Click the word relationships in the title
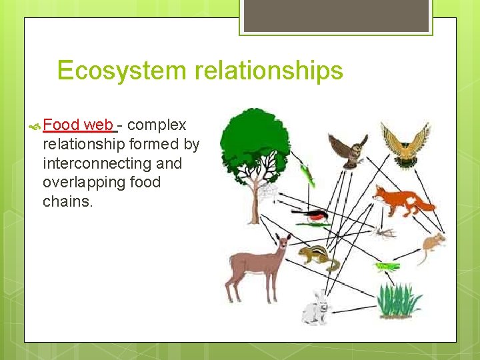pyautogui.click(x=269, y=71)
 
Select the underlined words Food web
pyautogui.click(x=80, y=125)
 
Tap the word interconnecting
pyautogui.click(x=112, y=163)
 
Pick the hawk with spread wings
pyautogui.click(x=405, y=144)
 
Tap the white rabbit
pyautogui.click(x=317, y=309)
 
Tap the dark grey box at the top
pyautogui.click(x=335, y=15)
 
